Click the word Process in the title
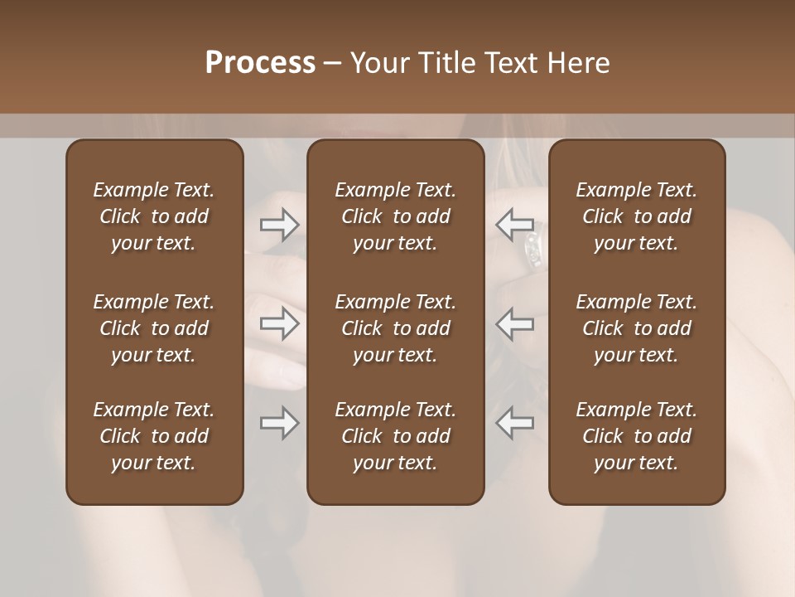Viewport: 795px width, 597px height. tap(259, 63)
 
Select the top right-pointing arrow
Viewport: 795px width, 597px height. tap(280, 225)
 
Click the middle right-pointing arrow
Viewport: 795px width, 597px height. tap(280, 323)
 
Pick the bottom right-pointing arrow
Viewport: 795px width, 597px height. tap(280, 423)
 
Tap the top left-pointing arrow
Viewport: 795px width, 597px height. tap(514, 224)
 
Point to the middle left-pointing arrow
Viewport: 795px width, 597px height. tap(514, 323)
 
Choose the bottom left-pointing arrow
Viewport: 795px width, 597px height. tap(514, 423)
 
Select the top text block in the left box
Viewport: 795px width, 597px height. tap(154, 216)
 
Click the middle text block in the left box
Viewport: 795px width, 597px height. tap(154, 328)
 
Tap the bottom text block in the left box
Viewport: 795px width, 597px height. tap(154, 436)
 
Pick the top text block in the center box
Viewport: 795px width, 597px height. tap(396, 216)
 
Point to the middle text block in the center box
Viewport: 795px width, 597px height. tap(396, 328)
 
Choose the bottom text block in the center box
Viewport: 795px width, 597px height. tap(396, 436)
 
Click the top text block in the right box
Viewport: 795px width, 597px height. tap(637, 216)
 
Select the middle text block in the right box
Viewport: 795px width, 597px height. tap(637, 328)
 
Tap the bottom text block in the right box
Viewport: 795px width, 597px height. tap(637, 436)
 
